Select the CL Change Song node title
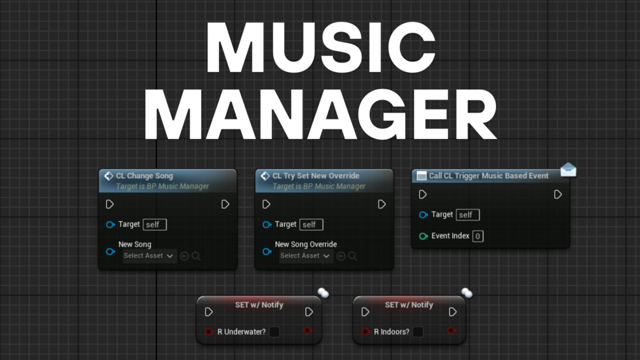144,176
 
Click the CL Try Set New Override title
315,176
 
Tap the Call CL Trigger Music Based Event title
488,176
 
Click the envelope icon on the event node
568,169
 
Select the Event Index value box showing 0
478,236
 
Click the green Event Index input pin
423,236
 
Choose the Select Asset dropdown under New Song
150,256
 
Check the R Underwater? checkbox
274,332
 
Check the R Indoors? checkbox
418,332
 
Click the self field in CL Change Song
155,224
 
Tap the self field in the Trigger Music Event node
467,215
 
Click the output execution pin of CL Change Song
225,205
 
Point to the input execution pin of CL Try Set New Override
266,205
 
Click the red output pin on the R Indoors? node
452,331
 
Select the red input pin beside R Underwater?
209,332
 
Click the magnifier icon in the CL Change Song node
196,256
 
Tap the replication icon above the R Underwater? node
324,293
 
